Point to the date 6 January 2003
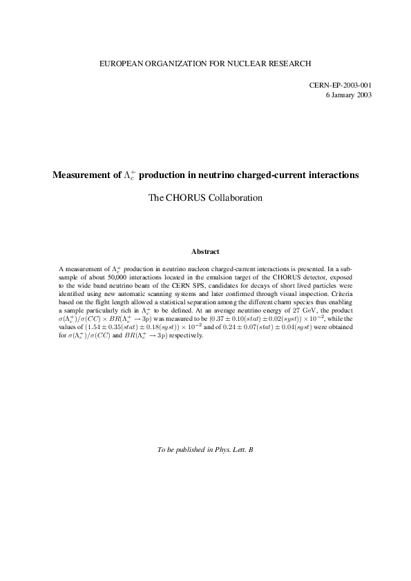[349, 95]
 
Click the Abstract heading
[205, 252]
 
